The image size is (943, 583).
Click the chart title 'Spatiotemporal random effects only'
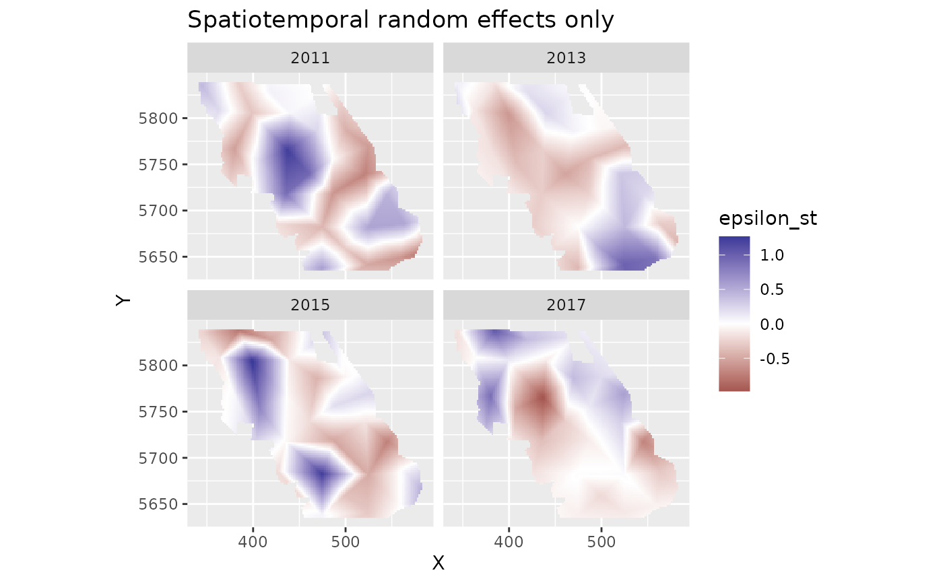[400, 20]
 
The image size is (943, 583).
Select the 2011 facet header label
[310, 58]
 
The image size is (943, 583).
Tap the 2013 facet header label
[566, 58]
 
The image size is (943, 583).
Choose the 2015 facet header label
[310, 305]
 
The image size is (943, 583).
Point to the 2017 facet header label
[566, 305]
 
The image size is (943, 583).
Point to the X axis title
[438, 563]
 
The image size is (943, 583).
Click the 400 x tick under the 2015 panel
[253, 542]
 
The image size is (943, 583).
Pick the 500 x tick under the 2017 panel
[601, 542]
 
